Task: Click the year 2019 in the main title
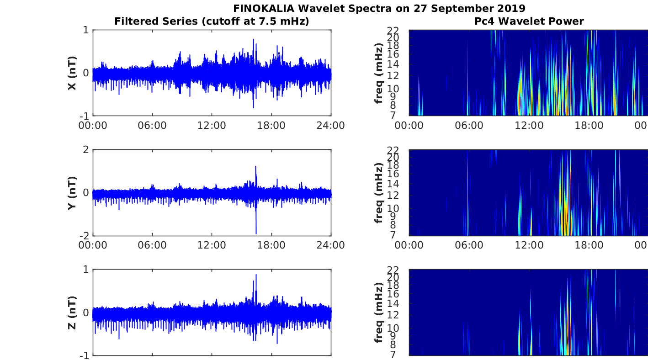[x=511, y=8]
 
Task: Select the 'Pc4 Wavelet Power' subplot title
[x=529, y=21]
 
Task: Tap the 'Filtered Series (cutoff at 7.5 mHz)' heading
[x=212, y=21]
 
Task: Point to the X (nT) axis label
[x=72, y=73]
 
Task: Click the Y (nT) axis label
[x=72, y=193]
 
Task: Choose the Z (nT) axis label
[x=72, y=313]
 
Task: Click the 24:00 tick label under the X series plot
[x=331, y=126]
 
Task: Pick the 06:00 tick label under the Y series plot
[x=152, y=245]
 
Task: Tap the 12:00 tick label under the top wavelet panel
[x=529, y=126]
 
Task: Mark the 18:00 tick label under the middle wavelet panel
[x=589, y=245]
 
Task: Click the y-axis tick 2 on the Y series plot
[x=85, y=150]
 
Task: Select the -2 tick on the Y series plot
[x=84, y=236]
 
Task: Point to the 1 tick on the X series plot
[x=85, y=30]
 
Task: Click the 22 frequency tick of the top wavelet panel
[x=393, y=30]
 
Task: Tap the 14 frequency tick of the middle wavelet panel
[x=393, y=184]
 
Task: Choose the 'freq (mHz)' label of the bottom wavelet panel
[x=378, y=312]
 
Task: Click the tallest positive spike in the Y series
[x=256, y=167]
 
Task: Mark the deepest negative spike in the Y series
[x=256, y=233]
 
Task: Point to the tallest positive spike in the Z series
[x=256, y=275]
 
